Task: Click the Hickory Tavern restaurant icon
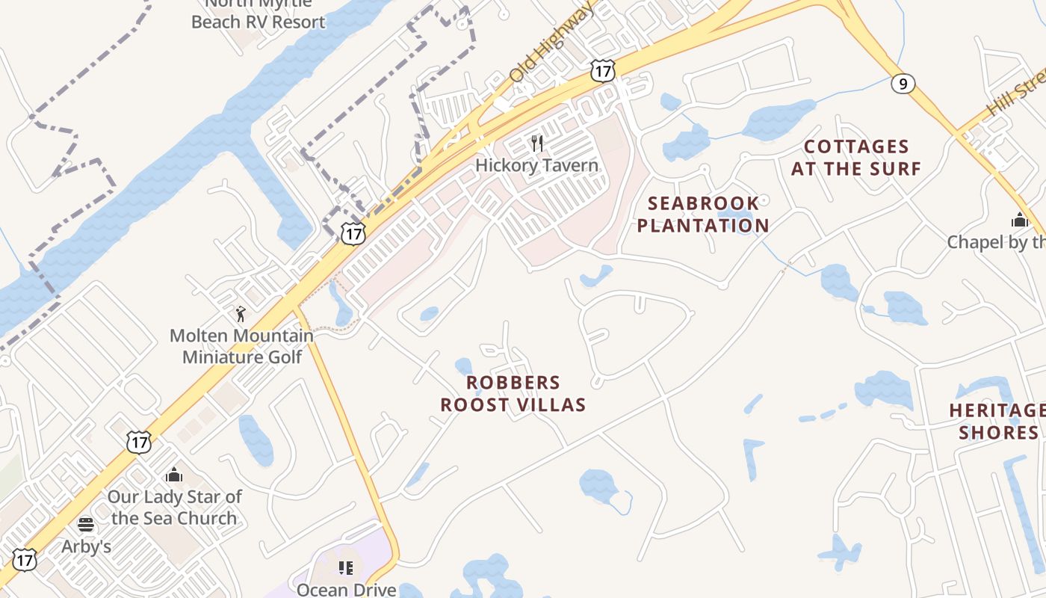[x=536, y=143]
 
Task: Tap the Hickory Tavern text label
[x=536, y=165]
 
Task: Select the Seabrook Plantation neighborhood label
[x=702, y=215]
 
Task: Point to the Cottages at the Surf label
[x=856, y=158]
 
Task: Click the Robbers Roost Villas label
[x=513, y=394]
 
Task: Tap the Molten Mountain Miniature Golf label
[x=242, y=346]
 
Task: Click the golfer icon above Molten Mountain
[x=240, y=315]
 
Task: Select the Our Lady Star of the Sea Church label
[x=174, y=507]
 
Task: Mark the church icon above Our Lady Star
[x=174, y=475]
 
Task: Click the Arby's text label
[x=86, y=546]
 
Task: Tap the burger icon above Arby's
[x=85, y=524]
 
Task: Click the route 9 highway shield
[x=903, y=84]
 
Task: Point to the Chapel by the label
[x=996, y=242]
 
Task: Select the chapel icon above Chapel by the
[x=1019, y=220]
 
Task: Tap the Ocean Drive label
[x=346, y=590]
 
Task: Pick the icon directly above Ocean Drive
[x=345, y=568]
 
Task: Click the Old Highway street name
[x=551, y=43]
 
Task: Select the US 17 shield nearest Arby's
[x=25, y=560]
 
